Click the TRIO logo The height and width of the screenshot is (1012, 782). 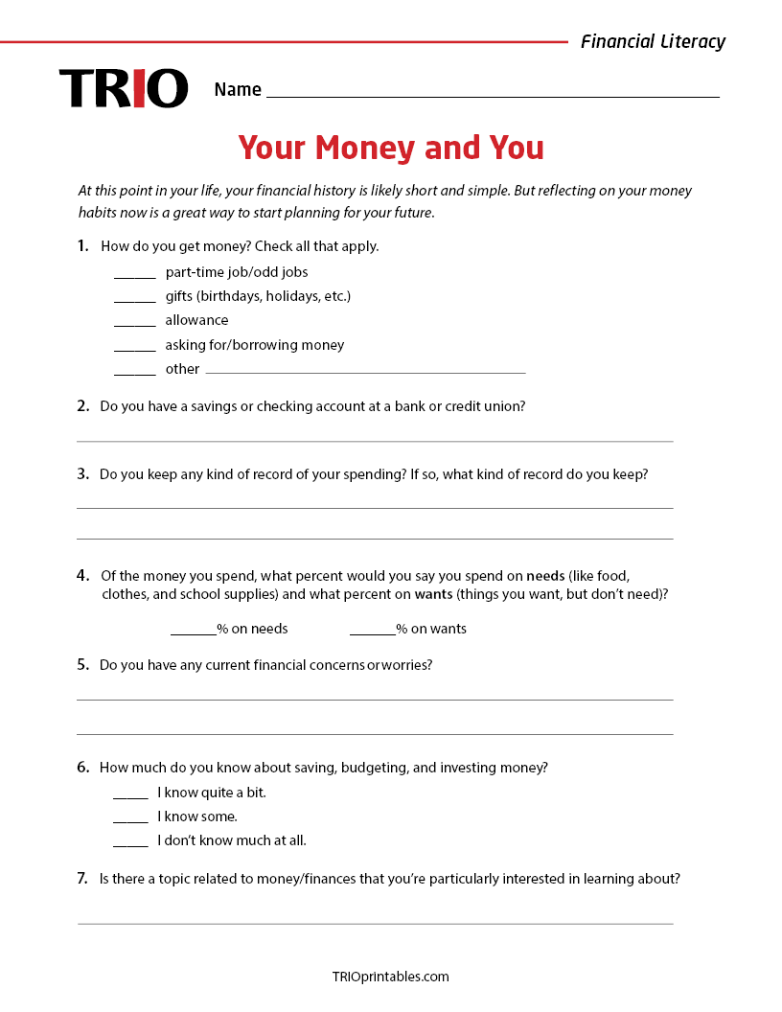pos(124,88)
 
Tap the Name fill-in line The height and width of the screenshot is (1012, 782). pos(493,95)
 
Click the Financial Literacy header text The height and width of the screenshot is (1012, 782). pos(653,41)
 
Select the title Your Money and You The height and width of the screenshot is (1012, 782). pos(391,148)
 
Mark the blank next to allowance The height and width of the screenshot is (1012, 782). pos(135,324)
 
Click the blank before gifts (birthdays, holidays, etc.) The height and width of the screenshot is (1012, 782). pos(135,300)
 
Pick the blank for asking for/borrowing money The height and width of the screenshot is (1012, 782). pos(135,349)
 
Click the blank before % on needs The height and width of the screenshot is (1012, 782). pos(193,632)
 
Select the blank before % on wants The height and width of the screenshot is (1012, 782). pos(372,632)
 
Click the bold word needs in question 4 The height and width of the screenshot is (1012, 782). pos(544,576)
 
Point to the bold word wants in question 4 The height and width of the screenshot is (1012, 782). pos(433,594)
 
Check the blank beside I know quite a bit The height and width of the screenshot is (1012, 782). pos(130,796)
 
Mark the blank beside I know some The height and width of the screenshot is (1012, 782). pos(130,820)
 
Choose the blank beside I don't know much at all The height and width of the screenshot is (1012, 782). pos(130,844)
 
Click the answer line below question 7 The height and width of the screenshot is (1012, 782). pos(375,923)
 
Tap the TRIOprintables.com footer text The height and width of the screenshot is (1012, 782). pos(390,977)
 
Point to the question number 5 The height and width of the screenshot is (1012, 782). pos(83,664)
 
